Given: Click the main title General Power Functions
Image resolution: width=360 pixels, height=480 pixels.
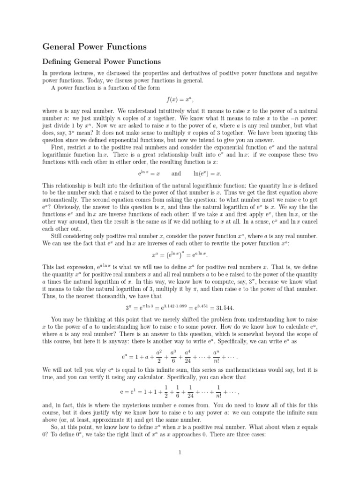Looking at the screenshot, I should (94, 46).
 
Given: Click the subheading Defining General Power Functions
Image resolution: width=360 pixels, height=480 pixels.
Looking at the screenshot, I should (102, 61).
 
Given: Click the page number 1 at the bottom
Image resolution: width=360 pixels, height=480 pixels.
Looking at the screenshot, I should (180, 452).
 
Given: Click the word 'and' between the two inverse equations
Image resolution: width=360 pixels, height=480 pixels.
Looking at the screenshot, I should (176, 173).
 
